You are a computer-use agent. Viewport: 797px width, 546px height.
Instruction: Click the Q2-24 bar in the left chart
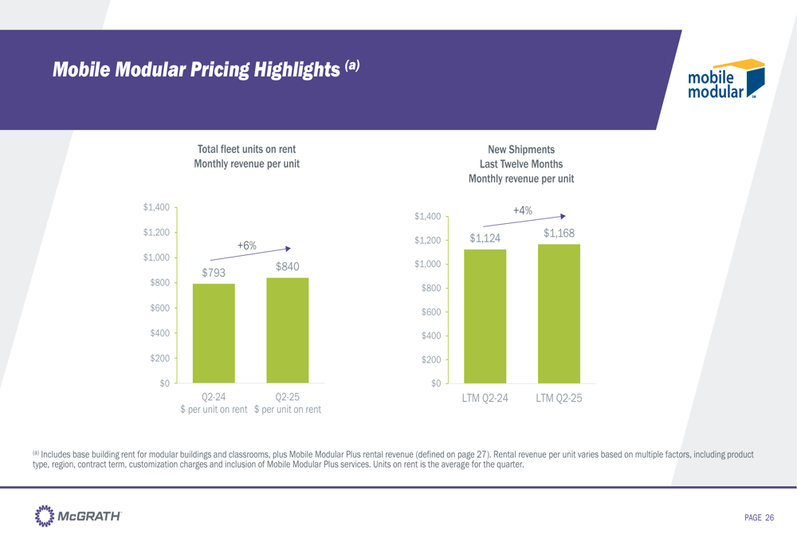click(214, 333)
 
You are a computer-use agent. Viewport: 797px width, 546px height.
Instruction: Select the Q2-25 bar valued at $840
click(287, 330)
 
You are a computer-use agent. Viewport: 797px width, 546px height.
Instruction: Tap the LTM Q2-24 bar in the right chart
click(485, 316)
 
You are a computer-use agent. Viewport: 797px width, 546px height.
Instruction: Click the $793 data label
click(214, 273)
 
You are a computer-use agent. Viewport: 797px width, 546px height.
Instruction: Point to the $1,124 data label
click(485, 238)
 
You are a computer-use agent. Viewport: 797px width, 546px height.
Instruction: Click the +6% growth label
click(246, 246)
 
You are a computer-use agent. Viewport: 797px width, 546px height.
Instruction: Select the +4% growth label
click(522, 210)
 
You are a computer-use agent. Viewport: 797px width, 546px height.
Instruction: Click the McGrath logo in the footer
click(77, 517)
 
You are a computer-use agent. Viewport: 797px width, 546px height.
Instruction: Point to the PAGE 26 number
click(759, 518)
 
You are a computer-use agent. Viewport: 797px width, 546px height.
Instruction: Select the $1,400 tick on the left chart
click(156, 207)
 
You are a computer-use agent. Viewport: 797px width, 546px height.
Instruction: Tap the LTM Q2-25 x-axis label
click(559, 397)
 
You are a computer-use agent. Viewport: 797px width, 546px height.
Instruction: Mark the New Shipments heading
click(521, 149)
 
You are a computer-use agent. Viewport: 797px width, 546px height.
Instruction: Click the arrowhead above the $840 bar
click(289, 247)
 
